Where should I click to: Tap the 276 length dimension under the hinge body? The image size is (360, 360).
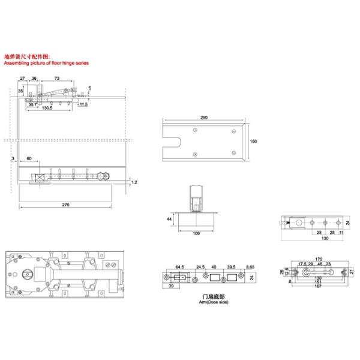coord(65,205)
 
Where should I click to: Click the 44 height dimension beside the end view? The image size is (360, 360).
coord(169,220)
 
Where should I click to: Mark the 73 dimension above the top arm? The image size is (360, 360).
coord(56,79)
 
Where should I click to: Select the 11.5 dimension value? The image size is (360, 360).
coord(83,104)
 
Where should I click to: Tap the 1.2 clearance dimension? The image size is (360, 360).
coord(134,181)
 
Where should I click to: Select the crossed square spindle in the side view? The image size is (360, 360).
coord(40,178)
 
